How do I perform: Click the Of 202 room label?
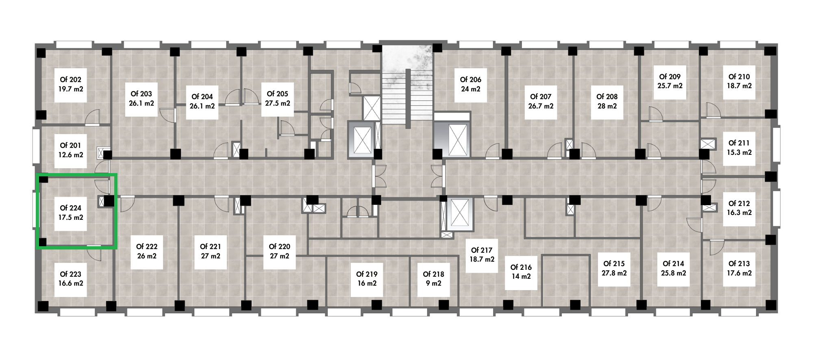(71, 80)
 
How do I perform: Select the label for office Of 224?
(71, 208)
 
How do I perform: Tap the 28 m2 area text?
(607, 106)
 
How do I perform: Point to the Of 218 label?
(434, 274)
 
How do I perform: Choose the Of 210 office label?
(739, 76)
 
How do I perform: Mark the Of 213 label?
(739, 264)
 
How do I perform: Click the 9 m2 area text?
(434, 284)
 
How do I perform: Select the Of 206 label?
(471, 80)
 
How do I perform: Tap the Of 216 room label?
(521, 267)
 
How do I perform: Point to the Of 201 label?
(71, 145)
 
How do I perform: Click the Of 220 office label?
(280, 247)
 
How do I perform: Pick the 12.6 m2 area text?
(71, 155)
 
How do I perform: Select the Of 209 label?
(670, 76)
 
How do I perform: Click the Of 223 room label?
(71, 274)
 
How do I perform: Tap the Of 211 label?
(739, 143)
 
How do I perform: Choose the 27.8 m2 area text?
(614, 273)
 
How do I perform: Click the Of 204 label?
(202, 97)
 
